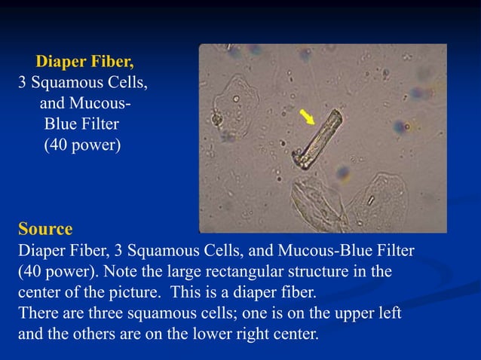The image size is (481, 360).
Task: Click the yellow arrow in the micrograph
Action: tap(307, 118)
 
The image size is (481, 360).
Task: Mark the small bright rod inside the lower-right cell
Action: tap(370, 201)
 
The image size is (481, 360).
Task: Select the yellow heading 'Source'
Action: tap(45, 229)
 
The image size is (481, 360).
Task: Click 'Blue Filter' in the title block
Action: tap(82, 124)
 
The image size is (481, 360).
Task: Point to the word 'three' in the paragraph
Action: tap(107, 312)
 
